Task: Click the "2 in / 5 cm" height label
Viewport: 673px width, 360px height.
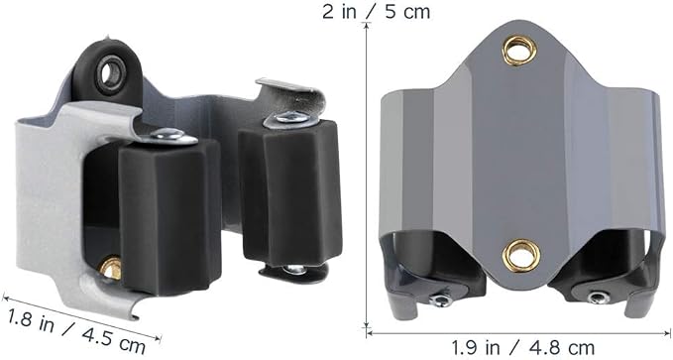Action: point(376,12)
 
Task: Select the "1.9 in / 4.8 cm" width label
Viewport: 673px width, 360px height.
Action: point(522,347)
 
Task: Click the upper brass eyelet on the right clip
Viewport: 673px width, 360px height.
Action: point(519,51)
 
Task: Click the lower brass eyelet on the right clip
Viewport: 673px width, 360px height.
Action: point(521,255)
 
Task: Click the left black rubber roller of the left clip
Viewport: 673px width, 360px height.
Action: point(169,217)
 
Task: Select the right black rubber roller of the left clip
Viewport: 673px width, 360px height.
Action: point(290,192)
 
